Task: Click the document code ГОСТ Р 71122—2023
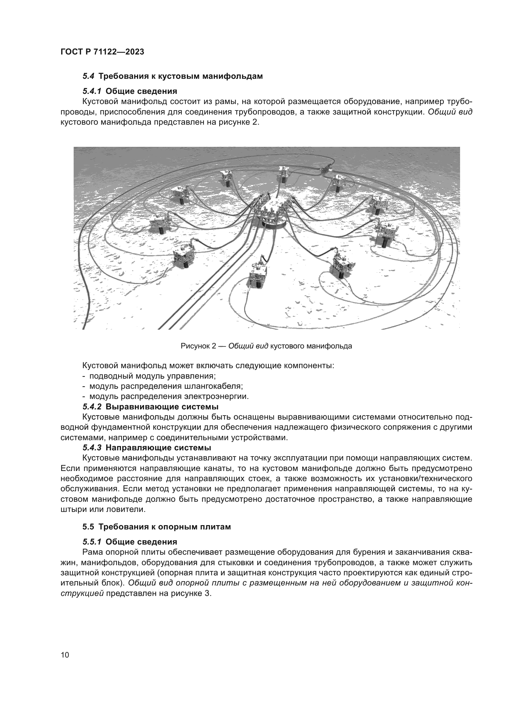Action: [102, 52]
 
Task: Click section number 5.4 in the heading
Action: [88, 76]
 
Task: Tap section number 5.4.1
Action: [92, 91]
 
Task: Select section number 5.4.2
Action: [92, 407]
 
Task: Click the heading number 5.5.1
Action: [92, 541]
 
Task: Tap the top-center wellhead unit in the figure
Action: [284, 174]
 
